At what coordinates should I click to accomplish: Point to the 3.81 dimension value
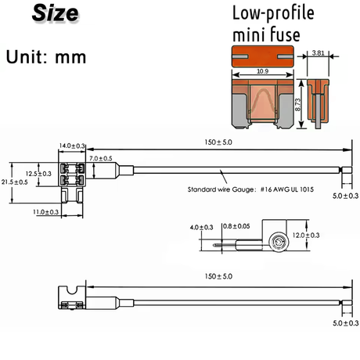[319, 53]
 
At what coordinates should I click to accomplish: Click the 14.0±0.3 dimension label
[71, 146]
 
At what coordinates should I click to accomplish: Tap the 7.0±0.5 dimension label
[101, 158]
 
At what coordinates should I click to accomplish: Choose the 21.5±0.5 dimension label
[15, 182]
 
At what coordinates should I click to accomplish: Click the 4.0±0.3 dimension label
[201, 227]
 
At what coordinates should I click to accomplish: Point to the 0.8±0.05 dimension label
[236, 227]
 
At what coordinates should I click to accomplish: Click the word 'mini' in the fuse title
[247, 34]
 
